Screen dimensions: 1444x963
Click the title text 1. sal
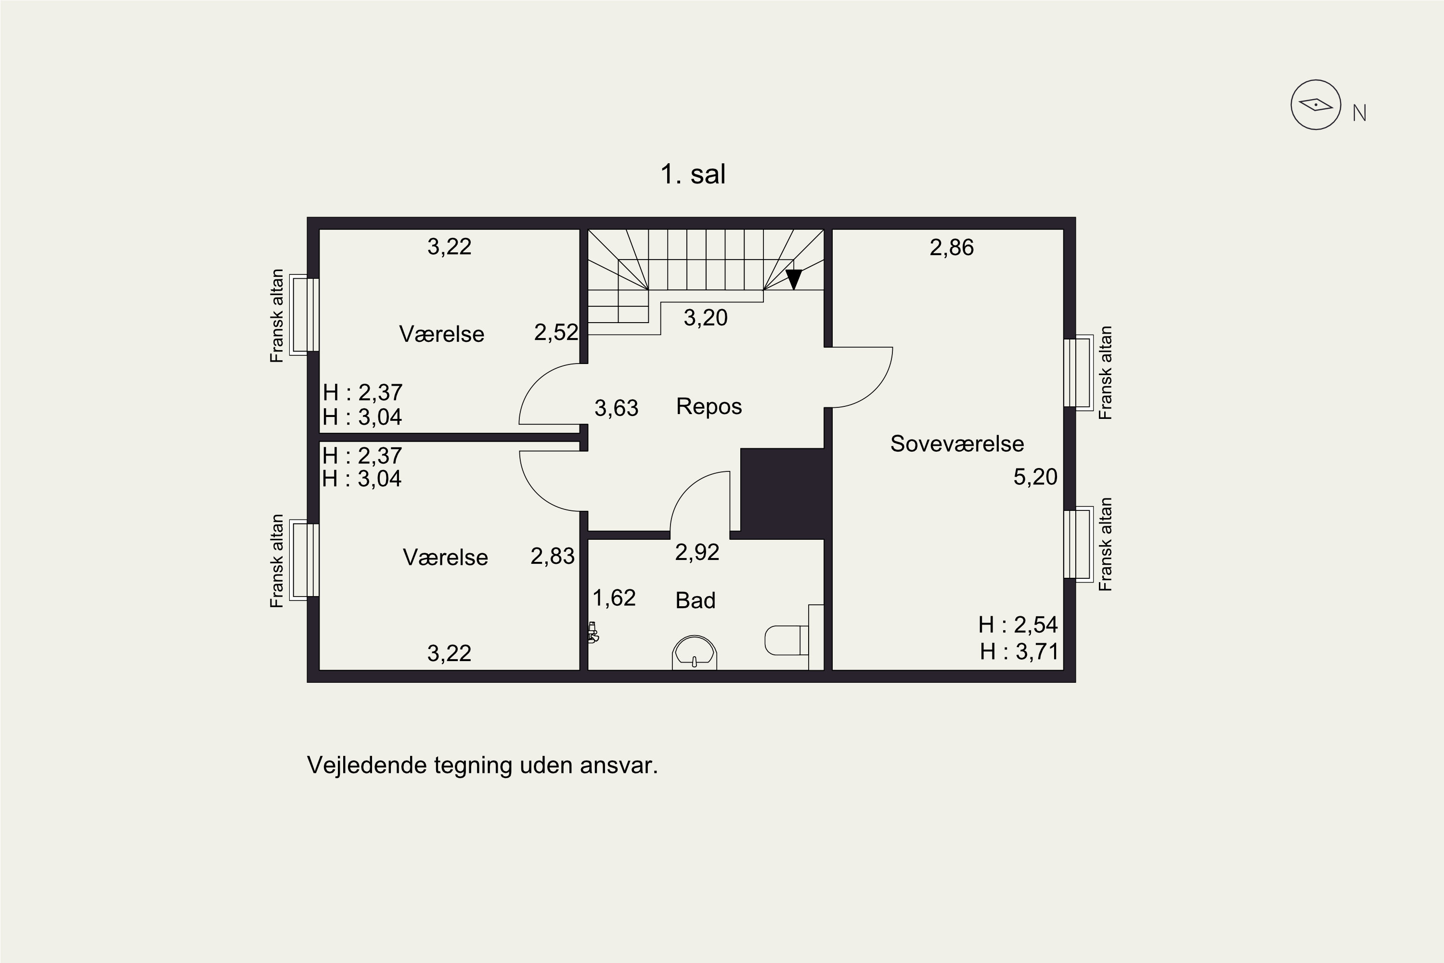coord(693,174)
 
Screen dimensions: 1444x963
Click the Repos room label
coord(709,406)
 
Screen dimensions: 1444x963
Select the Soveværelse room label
coord(957,443)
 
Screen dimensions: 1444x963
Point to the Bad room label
coord(696,600)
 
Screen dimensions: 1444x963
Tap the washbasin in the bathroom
coord(695,652)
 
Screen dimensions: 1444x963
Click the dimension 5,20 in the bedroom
coord(1035,477)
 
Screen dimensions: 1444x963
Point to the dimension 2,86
coord(952,247)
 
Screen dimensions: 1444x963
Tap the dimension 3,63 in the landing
coord(617,408)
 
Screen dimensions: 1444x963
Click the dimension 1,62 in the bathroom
coord(614,598)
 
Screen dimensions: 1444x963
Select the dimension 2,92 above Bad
coord(697,552)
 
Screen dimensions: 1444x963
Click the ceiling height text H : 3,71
coord(1019,651)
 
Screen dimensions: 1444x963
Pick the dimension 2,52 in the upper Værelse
coord(556,332)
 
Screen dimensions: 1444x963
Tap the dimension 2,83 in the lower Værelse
coord(553,556)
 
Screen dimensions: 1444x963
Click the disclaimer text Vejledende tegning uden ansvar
coord(482,765)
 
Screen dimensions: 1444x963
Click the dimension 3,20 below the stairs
coord(706,317)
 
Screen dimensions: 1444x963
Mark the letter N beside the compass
coord(1359,113)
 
